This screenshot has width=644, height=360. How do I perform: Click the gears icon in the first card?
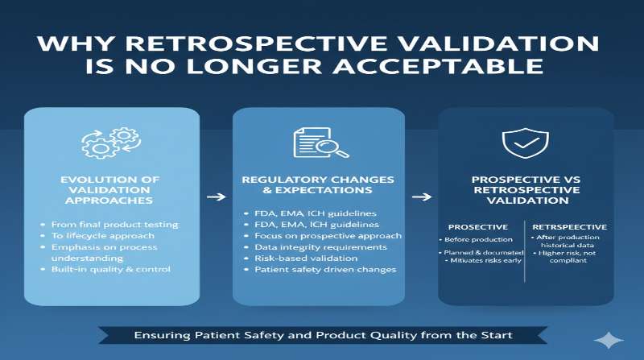pyautogui.click(x=111, y=142)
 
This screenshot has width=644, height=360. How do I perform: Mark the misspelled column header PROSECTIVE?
pyautogui.click(x=477, y=227)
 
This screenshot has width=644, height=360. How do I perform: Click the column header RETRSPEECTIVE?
pyautogui.click(x=570, y=227)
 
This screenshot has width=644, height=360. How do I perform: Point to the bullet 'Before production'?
pyautogui.click(x=478, y=240)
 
